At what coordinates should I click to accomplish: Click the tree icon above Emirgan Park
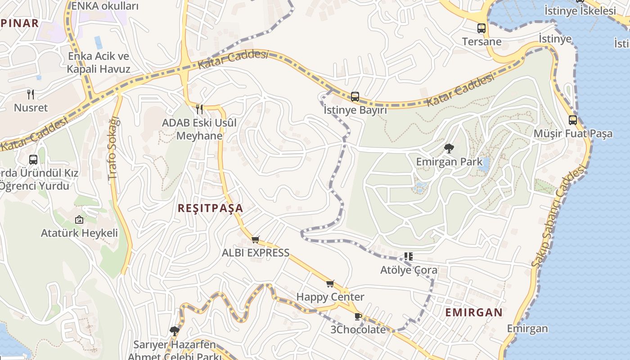point(449,148)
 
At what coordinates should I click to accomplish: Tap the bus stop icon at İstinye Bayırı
point(355,96)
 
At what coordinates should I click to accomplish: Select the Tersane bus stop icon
point(481,28)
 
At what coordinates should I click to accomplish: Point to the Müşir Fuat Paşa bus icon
point(572,120)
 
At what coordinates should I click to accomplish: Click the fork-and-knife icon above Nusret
point(31,94)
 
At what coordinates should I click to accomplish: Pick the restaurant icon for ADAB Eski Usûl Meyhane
point(199,109)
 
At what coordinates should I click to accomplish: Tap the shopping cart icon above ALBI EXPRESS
point(256,239)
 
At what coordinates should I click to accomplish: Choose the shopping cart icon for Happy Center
point(330,283)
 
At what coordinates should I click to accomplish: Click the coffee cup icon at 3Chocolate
point(358,316)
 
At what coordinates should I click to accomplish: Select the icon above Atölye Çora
point(408,256)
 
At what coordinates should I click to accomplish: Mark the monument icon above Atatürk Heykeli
point(79,220)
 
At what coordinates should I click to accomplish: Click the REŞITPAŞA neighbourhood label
point(210,208)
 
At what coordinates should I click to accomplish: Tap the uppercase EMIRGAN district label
point(474,312)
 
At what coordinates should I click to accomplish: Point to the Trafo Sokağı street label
point(114,149)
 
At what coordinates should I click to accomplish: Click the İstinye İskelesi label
point(580,10)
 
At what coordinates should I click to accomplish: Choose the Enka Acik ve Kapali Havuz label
point(99,63)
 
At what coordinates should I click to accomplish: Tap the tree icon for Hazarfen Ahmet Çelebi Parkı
point(175,331)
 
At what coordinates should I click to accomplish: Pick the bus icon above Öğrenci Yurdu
point(33,159)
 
